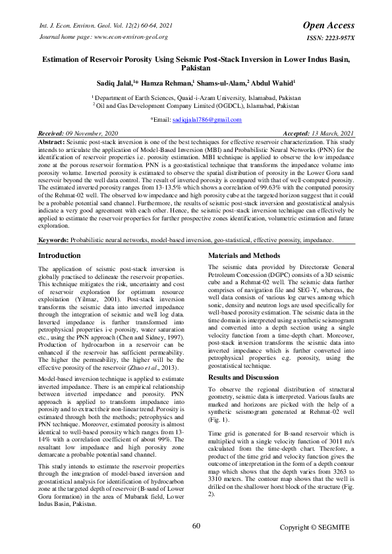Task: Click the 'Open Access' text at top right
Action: [x=328, y=25]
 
